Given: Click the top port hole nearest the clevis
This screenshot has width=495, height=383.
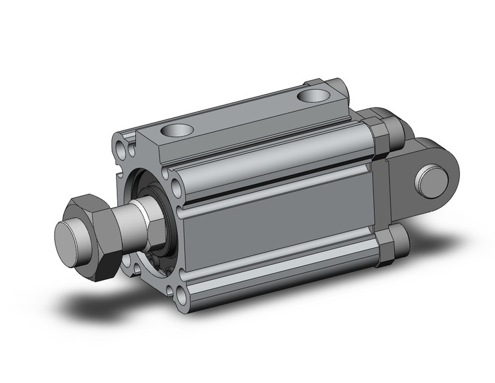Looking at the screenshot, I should click(313, 95).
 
